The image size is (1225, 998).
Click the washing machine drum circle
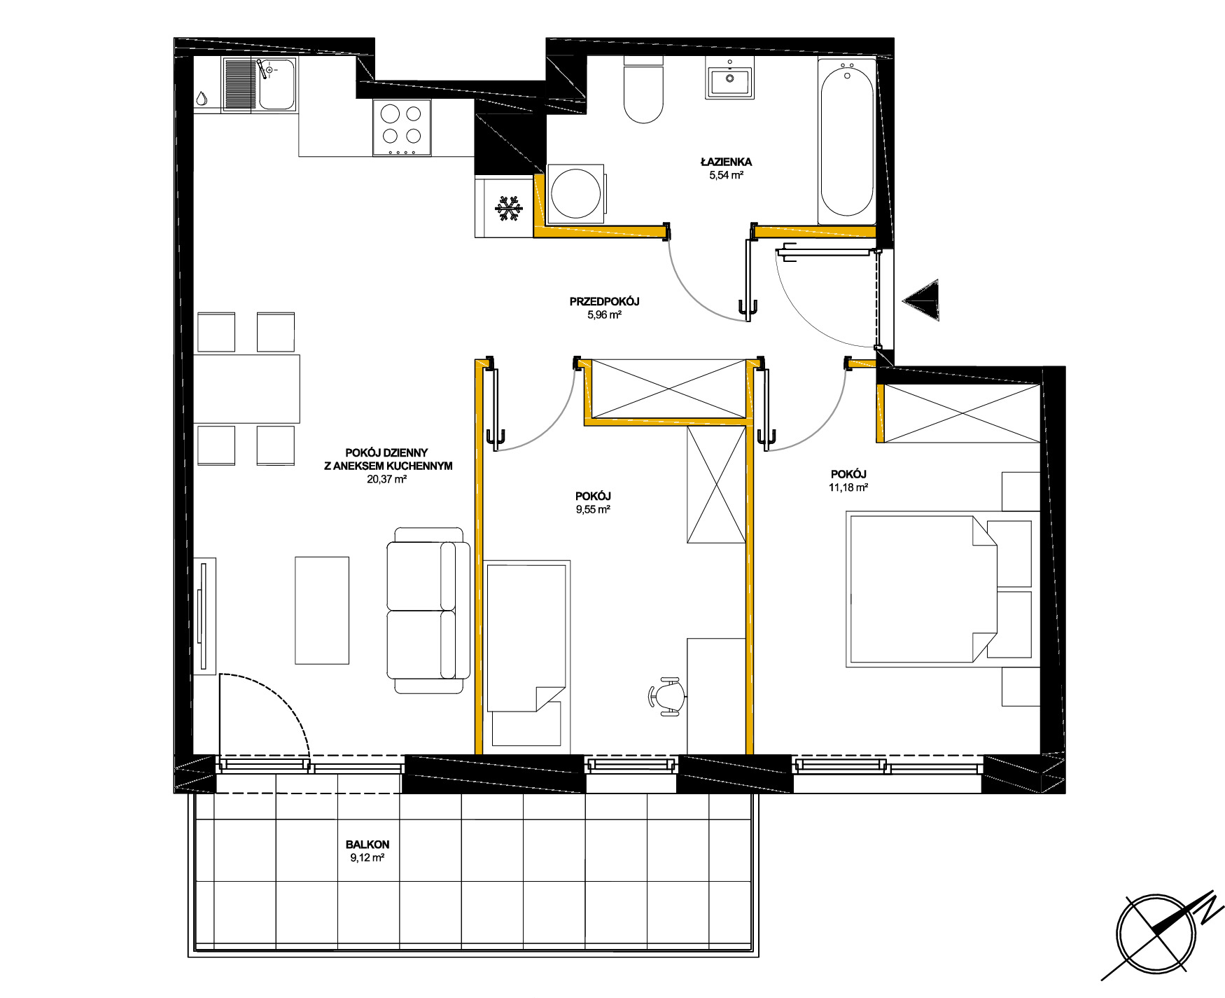click(575, 194)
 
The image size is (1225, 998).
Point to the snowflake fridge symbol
click(509, 209)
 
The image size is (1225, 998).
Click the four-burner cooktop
click(402, 127)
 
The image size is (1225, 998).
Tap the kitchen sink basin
click(276, 84)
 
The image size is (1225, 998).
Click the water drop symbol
click(202, 98)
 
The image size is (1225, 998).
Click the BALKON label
click(367, 845)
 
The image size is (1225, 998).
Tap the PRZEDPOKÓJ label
click(604, 302)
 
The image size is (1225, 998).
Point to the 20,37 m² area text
click(387, 480)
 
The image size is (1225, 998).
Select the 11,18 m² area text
click(848, 487)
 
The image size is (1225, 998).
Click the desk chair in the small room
click(667, 696)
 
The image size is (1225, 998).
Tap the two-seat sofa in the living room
click(428, 611)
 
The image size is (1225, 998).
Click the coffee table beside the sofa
click(322, 610)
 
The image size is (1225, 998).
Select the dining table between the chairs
click(246, 389)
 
